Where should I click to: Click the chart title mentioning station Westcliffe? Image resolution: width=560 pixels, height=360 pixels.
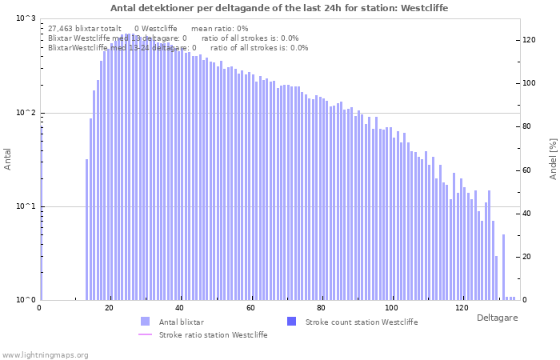pos(279,8)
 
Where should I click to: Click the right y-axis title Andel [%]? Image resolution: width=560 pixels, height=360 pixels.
pos(553,158)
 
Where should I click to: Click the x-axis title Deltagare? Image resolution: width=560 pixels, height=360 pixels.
pos(497,318)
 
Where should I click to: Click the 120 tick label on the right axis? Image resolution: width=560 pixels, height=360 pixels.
pos(529,40)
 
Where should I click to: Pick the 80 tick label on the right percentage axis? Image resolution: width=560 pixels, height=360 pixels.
pos(527,126)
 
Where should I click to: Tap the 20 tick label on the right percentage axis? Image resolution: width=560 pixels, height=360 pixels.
pos(527,257)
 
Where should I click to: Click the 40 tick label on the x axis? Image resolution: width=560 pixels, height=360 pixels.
pos(180,308)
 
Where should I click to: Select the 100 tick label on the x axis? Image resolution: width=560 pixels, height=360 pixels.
pos(391,308)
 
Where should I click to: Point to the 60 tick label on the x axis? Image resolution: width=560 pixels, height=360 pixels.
pos(250,308)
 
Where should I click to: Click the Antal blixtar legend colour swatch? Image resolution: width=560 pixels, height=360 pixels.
pos(145,322)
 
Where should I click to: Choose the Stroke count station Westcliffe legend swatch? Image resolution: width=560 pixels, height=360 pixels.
pos(291,322)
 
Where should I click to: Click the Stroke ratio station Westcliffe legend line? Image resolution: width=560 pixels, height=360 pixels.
pos(145,334)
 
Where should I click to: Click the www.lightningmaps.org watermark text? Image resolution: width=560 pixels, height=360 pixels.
pos(45,354)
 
